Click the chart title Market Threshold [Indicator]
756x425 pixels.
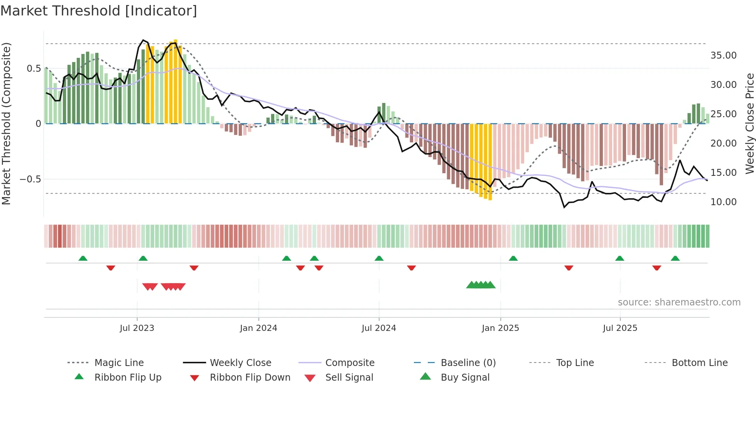tap(99, 11)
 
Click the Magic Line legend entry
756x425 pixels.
tap(119, 363)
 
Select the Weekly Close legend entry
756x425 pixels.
tap(240, 363)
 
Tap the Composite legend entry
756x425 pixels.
tap(349, 363)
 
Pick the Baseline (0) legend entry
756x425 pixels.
tap(468, 363)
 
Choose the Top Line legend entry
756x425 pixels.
tap(575, 363)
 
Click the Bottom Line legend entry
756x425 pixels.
tap(699, 363)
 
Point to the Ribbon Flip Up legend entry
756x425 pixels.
tap(128, 377)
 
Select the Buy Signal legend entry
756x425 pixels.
tap(465, 377)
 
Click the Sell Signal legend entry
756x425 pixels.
tap(349, 377)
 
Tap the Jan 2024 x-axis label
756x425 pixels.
tap(258, 328)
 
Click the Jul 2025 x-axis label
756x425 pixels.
tap(620, 328)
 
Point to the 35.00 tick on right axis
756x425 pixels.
tap(723, 55)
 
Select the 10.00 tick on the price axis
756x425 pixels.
tap(723, 202)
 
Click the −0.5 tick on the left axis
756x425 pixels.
tap(30, 179)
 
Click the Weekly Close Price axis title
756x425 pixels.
tap(749, 123)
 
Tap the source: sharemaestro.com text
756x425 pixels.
tap(679, 302)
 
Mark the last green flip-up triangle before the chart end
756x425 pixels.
tap(675, 258)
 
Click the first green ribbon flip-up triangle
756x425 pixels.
tap(83, 258)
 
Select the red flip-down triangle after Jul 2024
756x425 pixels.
tap(412, 268)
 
